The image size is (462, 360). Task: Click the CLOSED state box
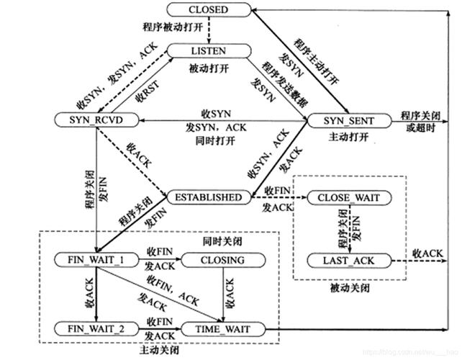point(207,10)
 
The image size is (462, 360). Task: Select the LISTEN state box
point(208,52)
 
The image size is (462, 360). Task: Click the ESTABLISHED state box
point(209,196)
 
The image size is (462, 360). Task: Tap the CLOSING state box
point(223,259)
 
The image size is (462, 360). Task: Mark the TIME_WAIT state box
point(223,329)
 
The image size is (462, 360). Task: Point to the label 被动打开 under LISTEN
point(208,68)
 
